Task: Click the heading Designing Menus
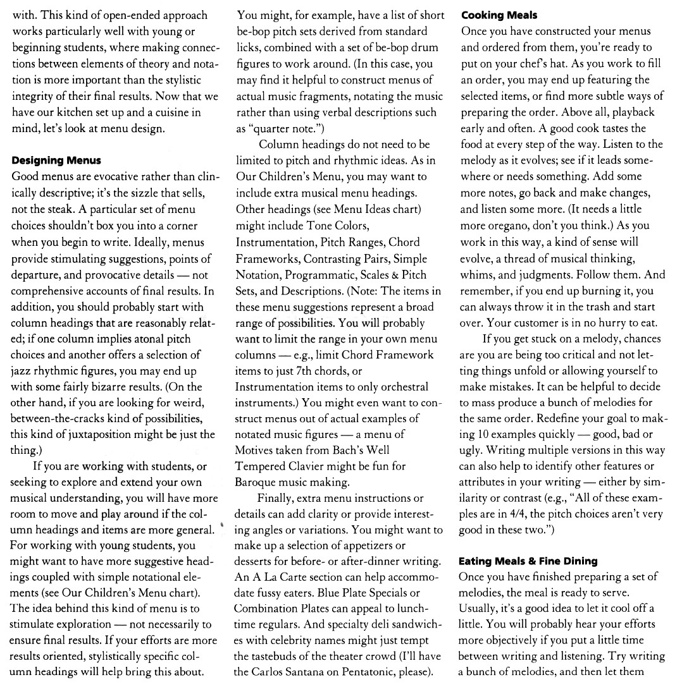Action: (x=56, y=161)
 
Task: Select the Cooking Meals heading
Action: (x=499, y=15)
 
